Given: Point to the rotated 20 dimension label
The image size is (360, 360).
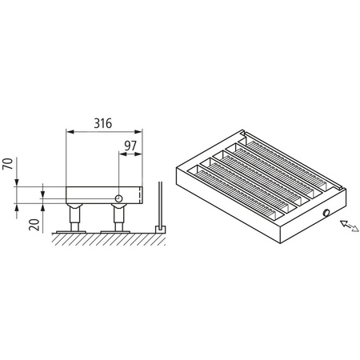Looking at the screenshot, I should click(34, 222).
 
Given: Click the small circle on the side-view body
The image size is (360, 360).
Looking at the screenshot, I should click(119, 197).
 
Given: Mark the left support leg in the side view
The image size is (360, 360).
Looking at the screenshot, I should click(74, 216).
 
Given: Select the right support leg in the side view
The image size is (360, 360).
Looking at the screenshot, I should click(119, 216).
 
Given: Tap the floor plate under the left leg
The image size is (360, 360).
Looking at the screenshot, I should click(74, 230).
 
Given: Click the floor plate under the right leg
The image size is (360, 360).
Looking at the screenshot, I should click(119, 230).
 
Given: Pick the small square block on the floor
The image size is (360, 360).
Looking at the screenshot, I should click(159, 228).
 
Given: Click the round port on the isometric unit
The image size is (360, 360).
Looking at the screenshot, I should click(326, 213).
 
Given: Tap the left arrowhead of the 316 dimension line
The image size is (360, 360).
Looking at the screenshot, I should click(67, 133).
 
